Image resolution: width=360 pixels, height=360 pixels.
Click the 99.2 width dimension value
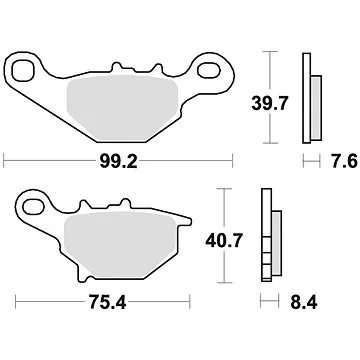119,157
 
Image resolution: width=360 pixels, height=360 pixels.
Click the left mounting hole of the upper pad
20,71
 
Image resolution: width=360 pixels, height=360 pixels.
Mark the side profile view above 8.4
267,235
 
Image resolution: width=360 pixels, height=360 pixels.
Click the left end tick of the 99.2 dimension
5,157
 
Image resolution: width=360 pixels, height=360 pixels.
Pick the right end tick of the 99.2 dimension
232,157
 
